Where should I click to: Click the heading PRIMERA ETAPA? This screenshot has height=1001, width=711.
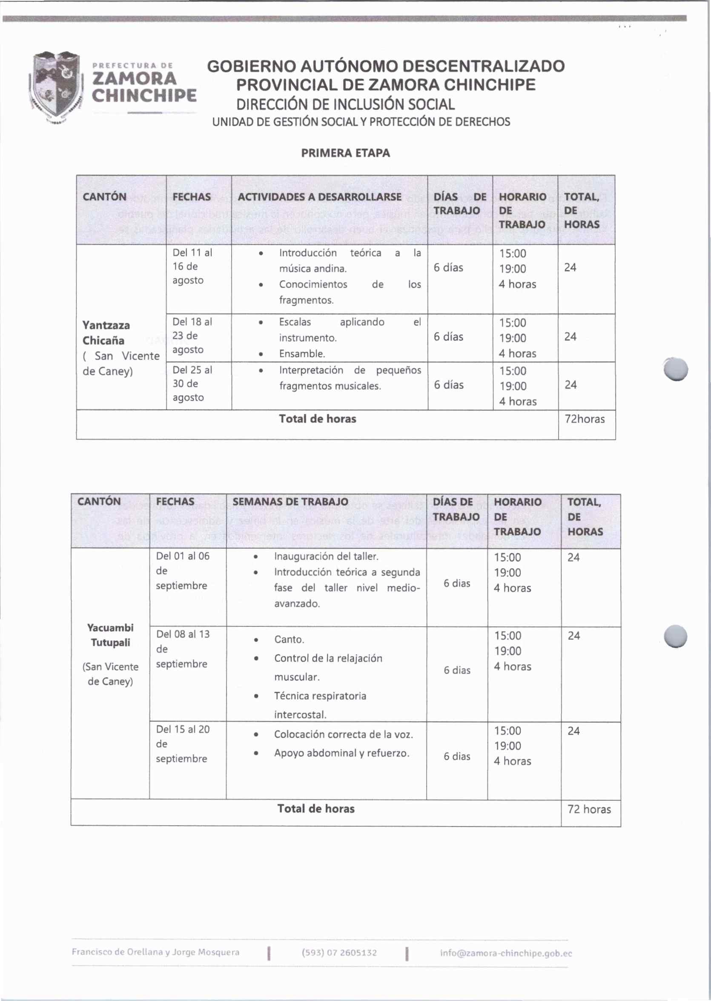pos(345,153)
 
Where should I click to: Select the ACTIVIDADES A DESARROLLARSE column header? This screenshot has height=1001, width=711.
pos(319,197)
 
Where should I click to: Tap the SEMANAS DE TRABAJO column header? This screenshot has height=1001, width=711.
pos(290,502)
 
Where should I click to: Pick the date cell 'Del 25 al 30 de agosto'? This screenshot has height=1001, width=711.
pos(192,384)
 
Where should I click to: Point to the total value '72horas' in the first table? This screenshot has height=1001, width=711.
pos(585,419)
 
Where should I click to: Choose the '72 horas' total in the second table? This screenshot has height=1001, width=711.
pos(589,809)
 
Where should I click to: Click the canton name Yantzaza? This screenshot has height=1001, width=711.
pos(106,325)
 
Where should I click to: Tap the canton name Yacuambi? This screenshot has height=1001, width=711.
pos(110,628)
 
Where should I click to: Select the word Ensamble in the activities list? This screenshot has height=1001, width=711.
pos(302,354)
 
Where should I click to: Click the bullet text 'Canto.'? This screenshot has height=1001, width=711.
pos(289,640)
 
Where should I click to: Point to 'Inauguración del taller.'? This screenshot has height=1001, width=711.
pos(326,556)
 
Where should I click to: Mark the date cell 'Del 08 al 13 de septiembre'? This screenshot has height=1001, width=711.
pos(183,649)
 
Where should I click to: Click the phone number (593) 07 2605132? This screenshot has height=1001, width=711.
pos(339,953)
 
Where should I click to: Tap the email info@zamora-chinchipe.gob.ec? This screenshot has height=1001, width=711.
pos(506,953)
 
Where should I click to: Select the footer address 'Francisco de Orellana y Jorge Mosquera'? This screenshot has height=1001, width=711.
pos(155,952)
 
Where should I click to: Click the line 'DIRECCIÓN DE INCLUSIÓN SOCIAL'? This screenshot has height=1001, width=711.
pos(345,105)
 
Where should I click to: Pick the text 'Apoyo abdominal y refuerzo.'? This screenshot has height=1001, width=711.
pos(341,753)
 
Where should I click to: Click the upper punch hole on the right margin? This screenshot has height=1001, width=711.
pos(676,369)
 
